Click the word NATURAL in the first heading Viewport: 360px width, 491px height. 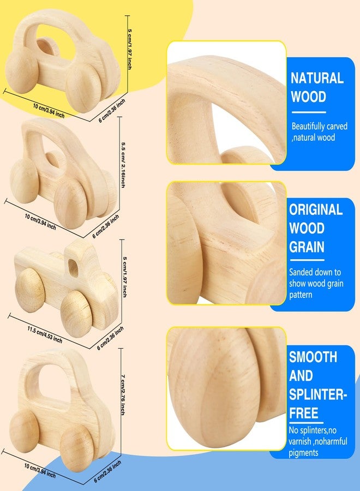[x=317, y=78]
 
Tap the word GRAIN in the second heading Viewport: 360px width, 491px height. [x=307, y=247]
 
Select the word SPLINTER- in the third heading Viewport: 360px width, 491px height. [x=318, y=394]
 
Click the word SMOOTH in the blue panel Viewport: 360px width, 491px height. [x=313, y=357]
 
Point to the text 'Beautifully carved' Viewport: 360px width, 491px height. [x=320, y=126]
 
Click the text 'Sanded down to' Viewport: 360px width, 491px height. [x=315, y=272]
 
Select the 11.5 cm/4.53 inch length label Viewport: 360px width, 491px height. [x=45, y=335]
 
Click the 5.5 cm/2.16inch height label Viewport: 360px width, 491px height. [x=123, y=165]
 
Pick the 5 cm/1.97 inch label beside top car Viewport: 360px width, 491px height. [x=129, y=49]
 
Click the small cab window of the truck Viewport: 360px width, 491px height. [x=73, y=268]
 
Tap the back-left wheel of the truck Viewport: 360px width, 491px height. [x=29, y=290]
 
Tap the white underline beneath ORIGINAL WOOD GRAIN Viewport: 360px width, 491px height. [x=307, y=260]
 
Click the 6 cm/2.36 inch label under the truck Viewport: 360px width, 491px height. [x=110, y=338]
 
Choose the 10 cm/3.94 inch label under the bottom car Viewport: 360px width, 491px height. [x=40, y=471]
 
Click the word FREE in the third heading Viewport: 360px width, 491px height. [x=303, y=413]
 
